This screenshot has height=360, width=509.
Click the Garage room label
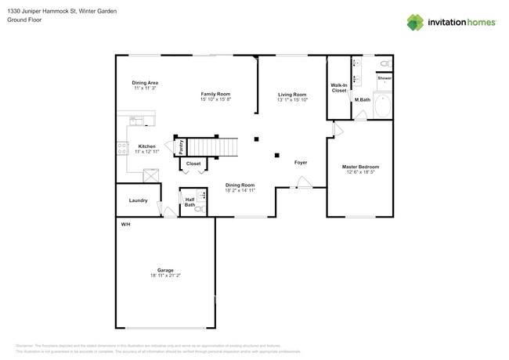click(164, 270)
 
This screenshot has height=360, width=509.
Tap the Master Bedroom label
click(360, 167)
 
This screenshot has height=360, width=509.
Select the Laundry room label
click(138, 200)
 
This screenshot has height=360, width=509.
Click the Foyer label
click(301, 163)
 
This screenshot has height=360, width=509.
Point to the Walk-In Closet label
click(338, 88)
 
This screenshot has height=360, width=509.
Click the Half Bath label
click(190, 202)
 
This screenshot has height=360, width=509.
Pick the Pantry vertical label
click(181, 146)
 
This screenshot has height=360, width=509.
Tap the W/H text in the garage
click(125, 225)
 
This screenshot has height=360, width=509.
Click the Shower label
click(384, 78)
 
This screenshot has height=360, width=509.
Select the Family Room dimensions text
click(215, 99)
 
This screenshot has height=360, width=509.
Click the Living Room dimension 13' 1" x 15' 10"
click(292, 99)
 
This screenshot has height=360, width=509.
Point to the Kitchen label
click(146, 146)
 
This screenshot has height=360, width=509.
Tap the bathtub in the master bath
click(384, 106)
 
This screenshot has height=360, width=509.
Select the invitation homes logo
click(450, 23)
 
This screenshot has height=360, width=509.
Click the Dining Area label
click(145, 82)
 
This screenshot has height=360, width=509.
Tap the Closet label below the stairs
click(193, 164)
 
